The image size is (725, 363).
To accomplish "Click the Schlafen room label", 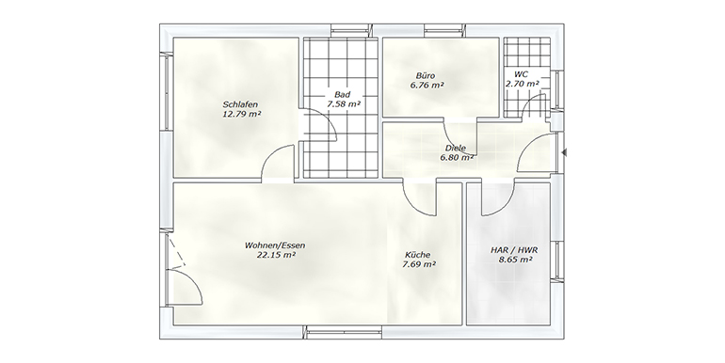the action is [x=240, y=103].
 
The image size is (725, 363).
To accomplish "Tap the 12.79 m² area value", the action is [x=242, y=113].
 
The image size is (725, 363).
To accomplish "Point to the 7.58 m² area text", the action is [x=344, y=103].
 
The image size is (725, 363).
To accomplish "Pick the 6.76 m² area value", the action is [x=427, y=85].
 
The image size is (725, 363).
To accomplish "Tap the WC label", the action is [x=521, y=74].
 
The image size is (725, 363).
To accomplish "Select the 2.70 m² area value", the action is [x=522, y=84].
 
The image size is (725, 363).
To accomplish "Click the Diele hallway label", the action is [x=456, y=149].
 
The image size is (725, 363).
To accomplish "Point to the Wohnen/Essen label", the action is [x=275, y=245].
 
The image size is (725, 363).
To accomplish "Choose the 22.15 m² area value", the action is [x=277, y=255].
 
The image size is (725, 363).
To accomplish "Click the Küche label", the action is [x=417, y=255].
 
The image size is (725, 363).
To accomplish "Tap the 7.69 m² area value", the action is [x=419, y=264].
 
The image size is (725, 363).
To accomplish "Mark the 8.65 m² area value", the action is [x=515, y=260].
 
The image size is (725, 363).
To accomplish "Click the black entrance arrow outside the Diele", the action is [x=564, y=152].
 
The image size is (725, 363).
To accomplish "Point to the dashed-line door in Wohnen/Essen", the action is [x=177, y=252].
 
